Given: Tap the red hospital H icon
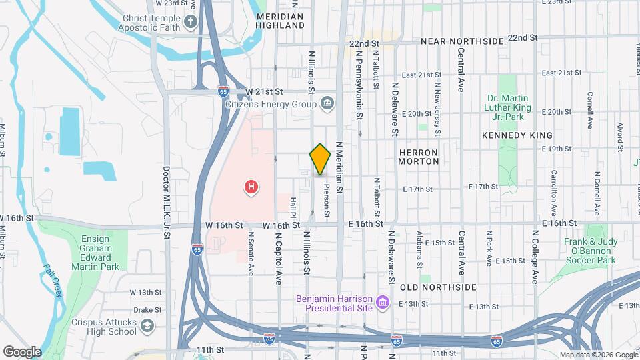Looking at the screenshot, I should [x=251, y=187].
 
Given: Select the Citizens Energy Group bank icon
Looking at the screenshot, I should [x=327, y=103].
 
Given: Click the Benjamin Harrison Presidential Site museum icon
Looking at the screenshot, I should [x=382, y=303].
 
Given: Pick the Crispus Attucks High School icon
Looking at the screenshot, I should [x=146, y=326].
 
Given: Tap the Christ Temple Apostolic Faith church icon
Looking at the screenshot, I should [x=191, y=22].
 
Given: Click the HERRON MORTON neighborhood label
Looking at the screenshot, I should [x=419, y=157].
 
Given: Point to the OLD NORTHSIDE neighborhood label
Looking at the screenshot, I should [x=438, y=287].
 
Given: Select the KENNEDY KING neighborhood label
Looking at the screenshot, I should [x=509, y=135].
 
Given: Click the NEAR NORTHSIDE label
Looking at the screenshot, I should [x=462, y=41].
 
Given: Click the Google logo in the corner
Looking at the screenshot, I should [x=22, y=351].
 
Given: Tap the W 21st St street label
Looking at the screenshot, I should [x=264, y=91].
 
